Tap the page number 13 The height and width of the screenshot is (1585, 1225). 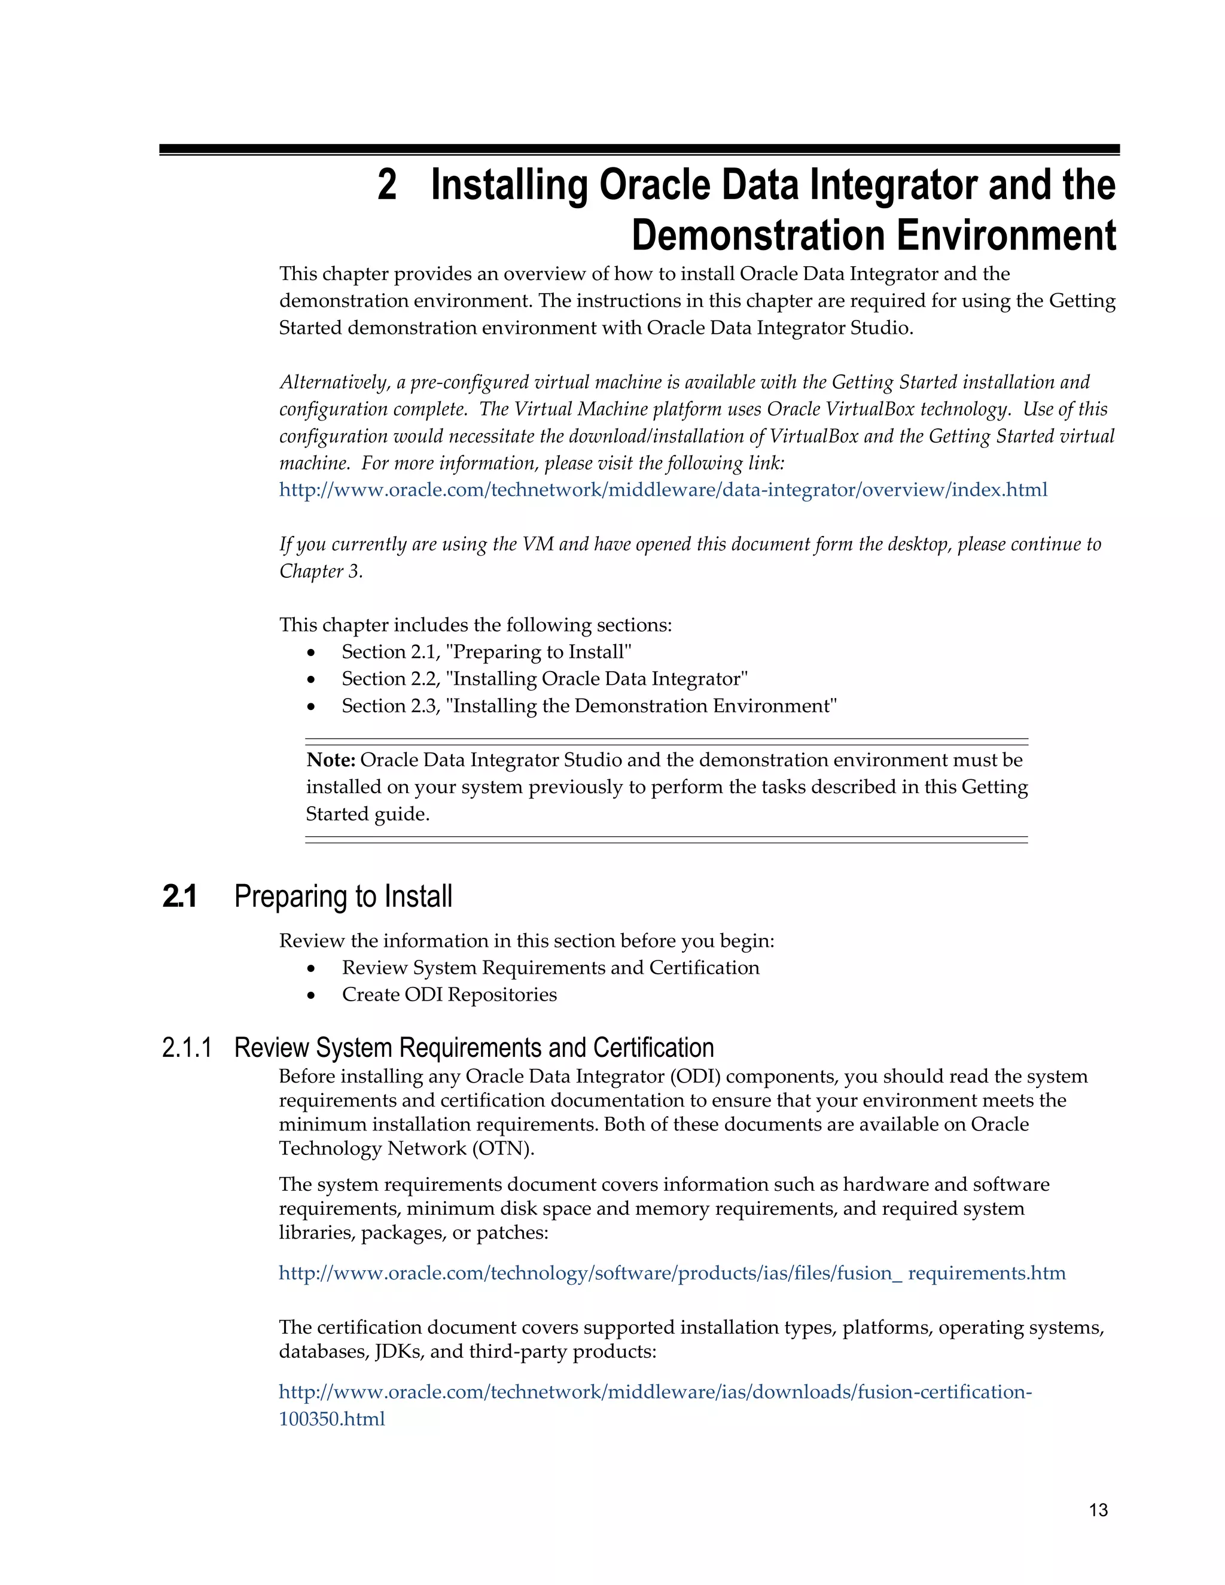click(x=1098, y=1510)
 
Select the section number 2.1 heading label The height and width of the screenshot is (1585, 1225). click(x=179, y=897)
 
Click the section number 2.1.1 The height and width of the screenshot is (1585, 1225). click(x=187, y=1048)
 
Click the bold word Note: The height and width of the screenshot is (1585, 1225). click(x=330, y=760)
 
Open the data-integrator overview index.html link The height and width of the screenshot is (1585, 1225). click(x=663, y=490)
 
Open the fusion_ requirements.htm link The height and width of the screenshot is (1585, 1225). click(x=671, y=1273)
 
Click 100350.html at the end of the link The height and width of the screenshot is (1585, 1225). click(x=331, y=1419)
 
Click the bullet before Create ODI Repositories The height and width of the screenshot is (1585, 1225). click(x=311, y=996)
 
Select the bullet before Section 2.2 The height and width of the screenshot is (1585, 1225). click(x=311, y=680)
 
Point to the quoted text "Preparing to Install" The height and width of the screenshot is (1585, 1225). click(x=538, y=652)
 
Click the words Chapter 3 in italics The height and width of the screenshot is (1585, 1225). click(x=319, y=572)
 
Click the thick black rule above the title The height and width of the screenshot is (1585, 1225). click(x=639, y=149)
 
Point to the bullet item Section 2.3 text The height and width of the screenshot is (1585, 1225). click(x=589, y=706)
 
